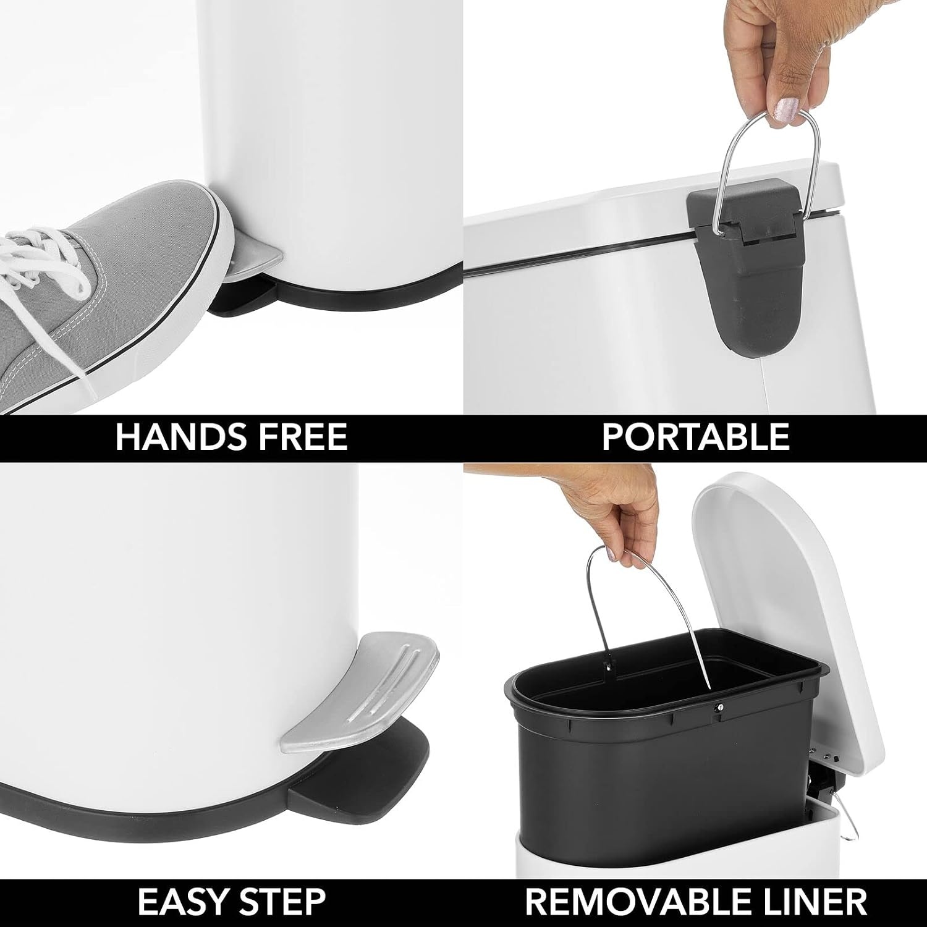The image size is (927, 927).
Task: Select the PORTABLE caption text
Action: point(695,437)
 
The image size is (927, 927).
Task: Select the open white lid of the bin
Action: point(788,618)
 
